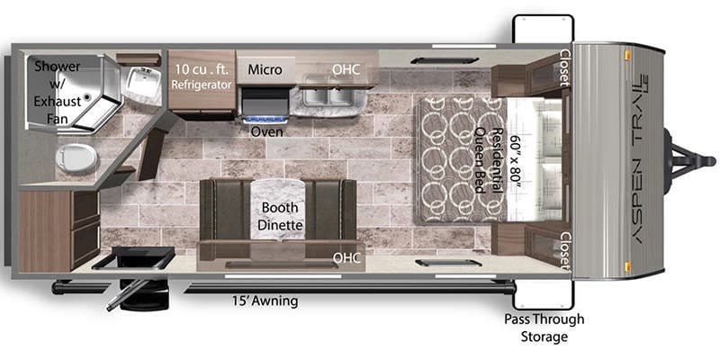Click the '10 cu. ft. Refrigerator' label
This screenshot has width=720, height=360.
[202, 76]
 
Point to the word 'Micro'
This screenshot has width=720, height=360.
[265, 69]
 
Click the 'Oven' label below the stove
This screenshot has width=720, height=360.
[265, 130]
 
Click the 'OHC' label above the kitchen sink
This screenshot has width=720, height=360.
[346, 68]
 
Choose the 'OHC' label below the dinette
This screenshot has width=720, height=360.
[346, 257]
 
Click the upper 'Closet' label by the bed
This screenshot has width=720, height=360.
[564, 67]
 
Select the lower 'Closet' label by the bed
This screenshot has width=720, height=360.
[564, 252]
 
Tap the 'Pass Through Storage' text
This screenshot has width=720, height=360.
[544, 328]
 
